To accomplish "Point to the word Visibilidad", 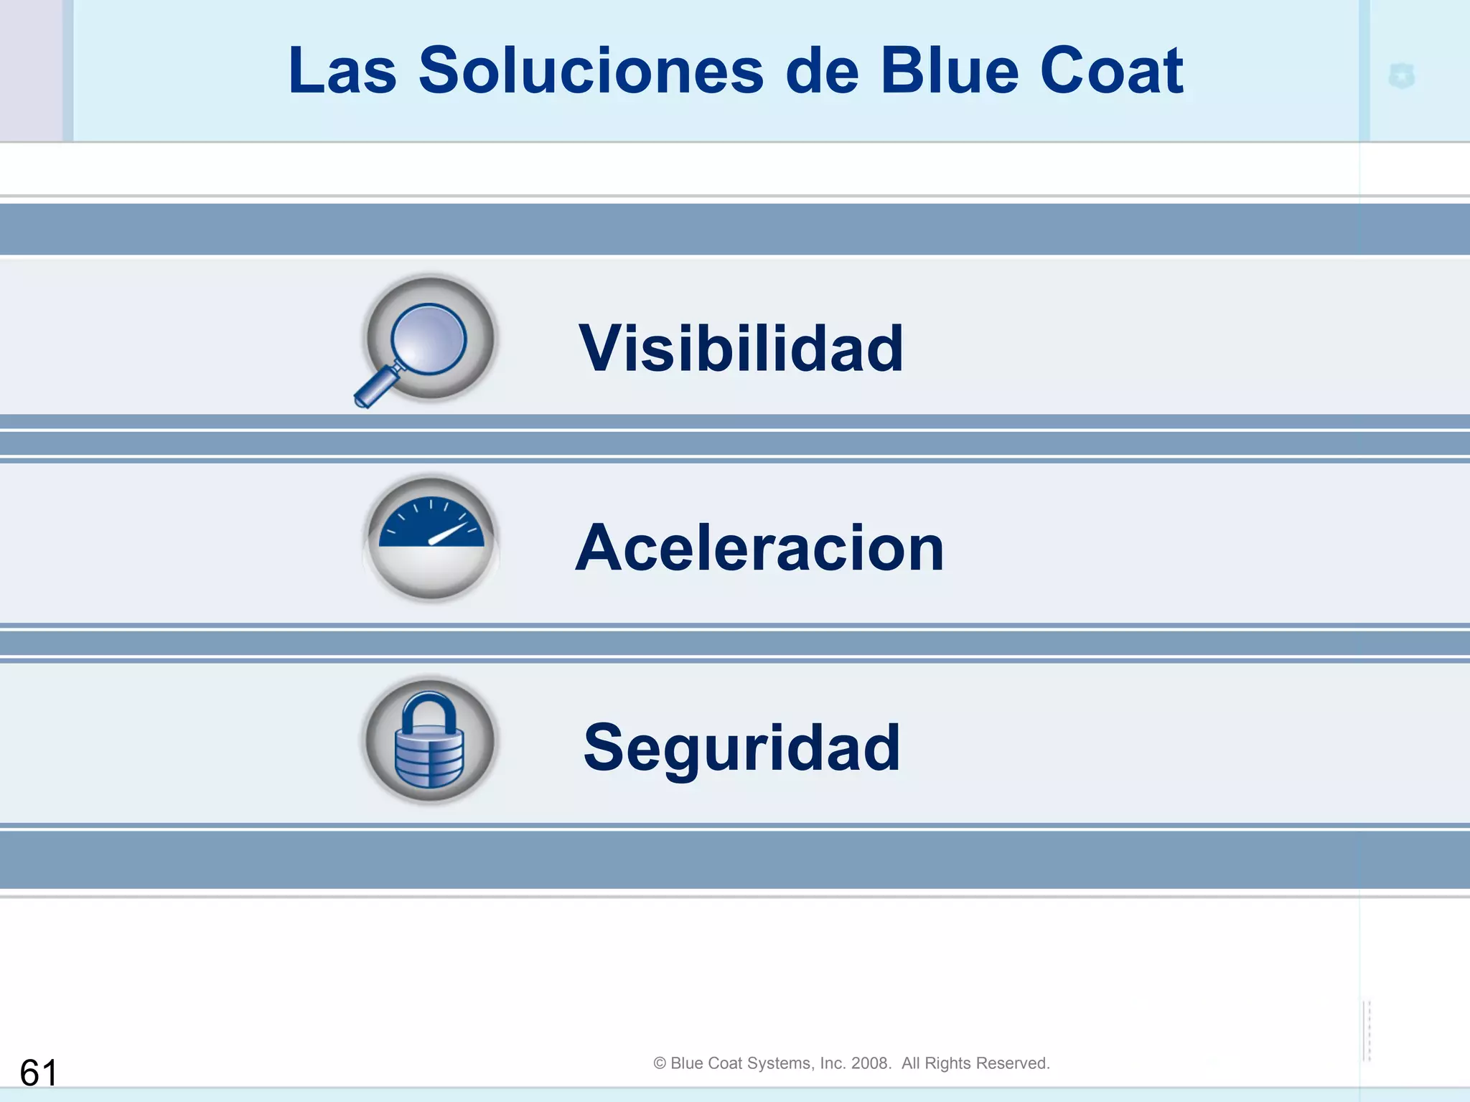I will pos(741,349).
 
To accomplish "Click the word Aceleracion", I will pos(759,548).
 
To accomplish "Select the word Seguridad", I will pos(741,748).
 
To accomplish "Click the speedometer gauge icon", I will pos(431,538).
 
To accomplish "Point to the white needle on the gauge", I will pos(449,534).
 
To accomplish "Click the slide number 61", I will pos(39,1073).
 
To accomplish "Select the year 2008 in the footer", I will pos(870,1063).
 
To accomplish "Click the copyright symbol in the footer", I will pos(660,1063).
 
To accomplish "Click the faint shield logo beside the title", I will pos(1401,76).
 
